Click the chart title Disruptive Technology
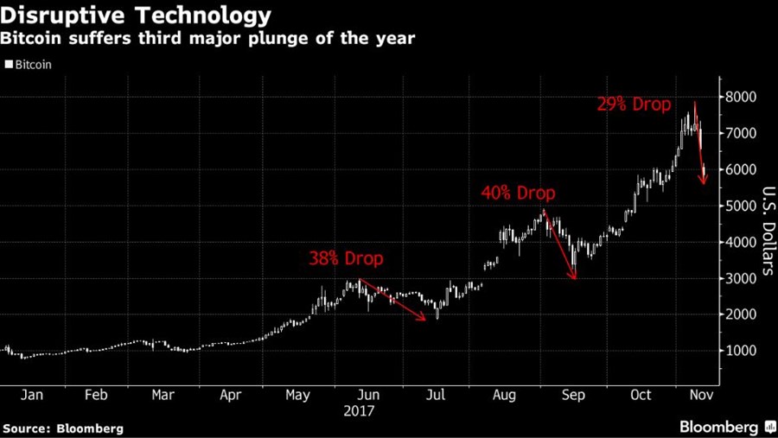137,16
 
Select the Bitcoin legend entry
29,65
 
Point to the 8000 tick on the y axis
741,97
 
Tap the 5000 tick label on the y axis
741,206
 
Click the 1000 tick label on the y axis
741,351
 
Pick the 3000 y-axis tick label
741,278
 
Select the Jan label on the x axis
31,395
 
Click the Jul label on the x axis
436,395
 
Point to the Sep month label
573,395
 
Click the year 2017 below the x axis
358,411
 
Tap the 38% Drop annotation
346,258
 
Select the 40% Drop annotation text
518,194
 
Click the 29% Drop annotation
634,105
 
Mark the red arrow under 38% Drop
392,301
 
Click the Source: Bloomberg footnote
63,428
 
